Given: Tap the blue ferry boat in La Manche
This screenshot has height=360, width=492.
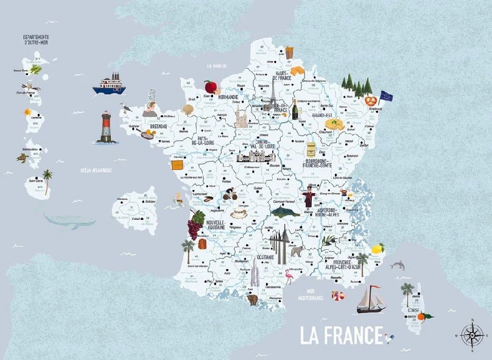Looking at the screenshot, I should pyautogui.click(x=109, y=84).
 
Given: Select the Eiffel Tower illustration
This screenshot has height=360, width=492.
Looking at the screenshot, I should pyautogui.click(x=273, y=97).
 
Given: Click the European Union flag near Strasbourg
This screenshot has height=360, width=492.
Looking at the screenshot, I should pyautogui.click(x=386, y=96).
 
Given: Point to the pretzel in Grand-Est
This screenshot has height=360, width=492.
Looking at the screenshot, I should pyautogui.click(x=371, y=100).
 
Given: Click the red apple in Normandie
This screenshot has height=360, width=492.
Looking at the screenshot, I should pyautogui.click(x=211, y=86).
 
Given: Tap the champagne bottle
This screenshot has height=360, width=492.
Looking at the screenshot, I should pyautogui.click(x=295, y=109).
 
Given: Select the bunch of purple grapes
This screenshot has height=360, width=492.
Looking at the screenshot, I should pyautogui.click(x=195, y=226).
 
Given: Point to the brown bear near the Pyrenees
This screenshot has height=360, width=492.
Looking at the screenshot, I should pyautogui.click(x=251, y=300).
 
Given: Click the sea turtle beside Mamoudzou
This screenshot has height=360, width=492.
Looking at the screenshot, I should pyautogui.click(x=23, y=158).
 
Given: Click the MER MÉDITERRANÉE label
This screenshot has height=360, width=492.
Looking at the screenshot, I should pyautogui.click(x=315, y=294).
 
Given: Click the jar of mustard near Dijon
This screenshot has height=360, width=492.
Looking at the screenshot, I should pyautogui.click(x=312, y=150).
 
